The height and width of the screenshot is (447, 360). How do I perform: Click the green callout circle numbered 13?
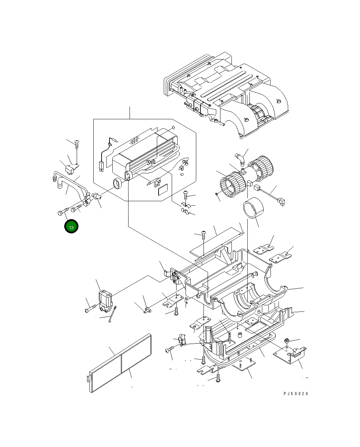71,227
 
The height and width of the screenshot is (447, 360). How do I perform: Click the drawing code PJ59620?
296,393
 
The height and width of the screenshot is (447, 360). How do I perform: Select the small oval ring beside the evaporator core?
118,184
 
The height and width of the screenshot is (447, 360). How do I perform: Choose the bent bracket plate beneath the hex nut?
291,355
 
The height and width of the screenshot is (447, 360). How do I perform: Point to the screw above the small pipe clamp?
77,143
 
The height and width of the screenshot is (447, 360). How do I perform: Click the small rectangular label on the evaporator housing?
162,190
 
